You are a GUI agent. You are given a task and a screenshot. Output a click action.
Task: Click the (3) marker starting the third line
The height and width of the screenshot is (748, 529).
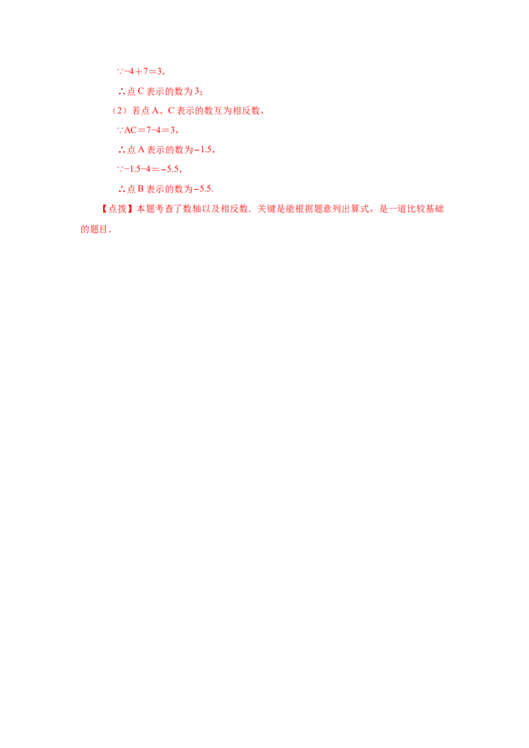118,111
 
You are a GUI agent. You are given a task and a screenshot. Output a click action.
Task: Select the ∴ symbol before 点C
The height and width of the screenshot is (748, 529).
120,92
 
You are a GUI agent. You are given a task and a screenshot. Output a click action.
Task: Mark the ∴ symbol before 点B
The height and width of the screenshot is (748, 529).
120,190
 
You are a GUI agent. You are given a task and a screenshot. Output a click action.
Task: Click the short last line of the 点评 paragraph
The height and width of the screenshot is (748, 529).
94,231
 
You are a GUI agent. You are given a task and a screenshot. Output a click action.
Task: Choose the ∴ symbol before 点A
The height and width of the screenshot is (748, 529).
120,151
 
